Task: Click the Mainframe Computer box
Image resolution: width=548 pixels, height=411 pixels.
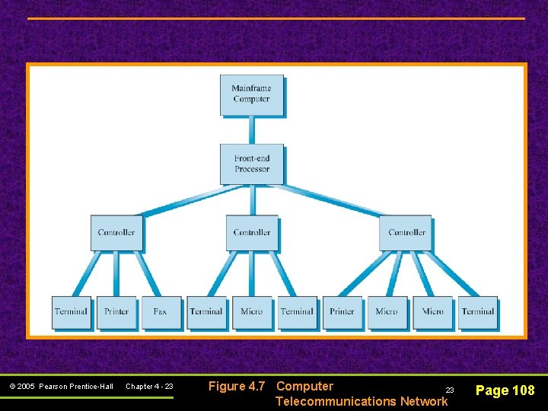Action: click(251, 94)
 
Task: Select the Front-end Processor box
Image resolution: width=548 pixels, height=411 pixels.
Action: click(251, 164)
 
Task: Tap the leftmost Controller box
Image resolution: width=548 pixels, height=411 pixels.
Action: click(116, 232)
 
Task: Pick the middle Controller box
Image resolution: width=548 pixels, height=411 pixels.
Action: click(251, 232)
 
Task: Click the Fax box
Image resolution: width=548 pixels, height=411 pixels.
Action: click(161, 312)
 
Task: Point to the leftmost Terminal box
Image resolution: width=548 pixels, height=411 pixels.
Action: click(71, 312)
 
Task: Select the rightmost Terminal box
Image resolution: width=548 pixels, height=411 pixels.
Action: click(477, 312)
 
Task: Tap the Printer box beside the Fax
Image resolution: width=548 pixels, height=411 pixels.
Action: click(116, 312)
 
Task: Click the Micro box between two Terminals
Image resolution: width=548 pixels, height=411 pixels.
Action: click(251, 312)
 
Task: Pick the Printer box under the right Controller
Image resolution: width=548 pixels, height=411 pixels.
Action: click(342, 312)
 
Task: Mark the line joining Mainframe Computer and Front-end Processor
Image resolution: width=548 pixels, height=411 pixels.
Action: click(251, 129)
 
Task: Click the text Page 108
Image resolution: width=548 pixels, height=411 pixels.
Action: click(505, 390)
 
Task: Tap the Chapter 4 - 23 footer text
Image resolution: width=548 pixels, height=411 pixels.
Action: click(149, 387)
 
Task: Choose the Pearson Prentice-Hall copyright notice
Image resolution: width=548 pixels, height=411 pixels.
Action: click(62, 387)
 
